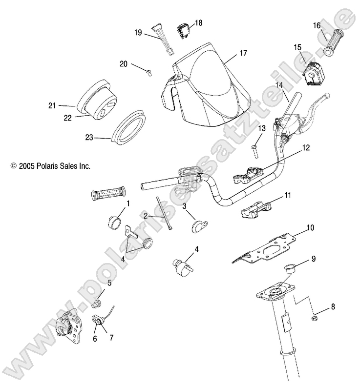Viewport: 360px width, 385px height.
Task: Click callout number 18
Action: coord(198,22)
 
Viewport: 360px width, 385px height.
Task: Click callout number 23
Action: coord(89,138)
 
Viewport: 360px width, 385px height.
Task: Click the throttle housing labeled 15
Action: coord(313,73)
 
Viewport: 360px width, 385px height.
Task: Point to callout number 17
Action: coord(243,53)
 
